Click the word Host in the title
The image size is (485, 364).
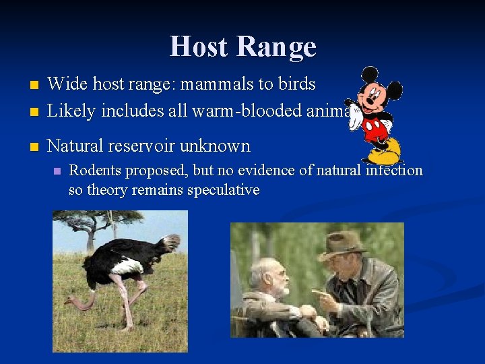pos(199,47)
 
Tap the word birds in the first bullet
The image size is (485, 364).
pos(293,84)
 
